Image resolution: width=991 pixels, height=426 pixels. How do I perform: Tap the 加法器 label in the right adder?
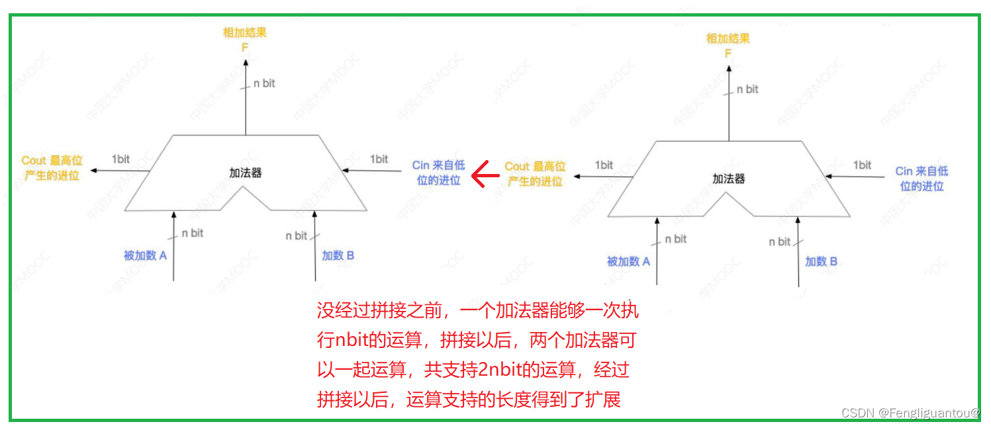pos(729,179)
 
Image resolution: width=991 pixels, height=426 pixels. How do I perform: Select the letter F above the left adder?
pos(244,48)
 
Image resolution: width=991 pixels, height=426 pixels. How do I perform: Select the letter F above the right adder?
pos(728,54)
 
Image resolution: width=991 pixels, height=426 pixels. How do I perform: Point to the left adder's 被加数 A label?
pos(145,255)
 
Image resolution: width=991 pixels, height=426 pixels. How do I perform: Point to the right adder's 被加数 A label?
pos(628,261)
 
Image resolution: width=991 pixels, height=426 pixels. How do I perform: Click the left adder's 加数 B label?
pos(338,255)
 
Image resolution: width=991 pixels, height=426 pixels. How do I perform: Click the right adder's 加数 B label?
pos(821,261)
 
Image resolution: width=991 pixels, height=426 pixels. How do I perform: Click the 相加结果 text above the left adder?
pos(244,32)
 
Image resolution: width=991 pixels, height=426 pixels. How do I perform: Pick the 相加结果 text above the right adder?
pos(728,38)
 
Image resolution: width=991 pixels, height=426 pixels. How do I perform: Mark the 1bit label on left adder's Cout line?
pos(120,159)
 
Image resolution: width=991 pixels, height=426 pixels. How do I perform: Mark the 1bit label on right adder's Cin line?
pos(862,165)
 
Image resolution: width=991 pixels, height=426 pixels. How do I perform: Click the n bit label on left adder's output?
pos(264,83)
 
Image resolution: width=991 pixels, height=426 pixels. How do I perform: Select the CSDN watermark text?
pos(910,413)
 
